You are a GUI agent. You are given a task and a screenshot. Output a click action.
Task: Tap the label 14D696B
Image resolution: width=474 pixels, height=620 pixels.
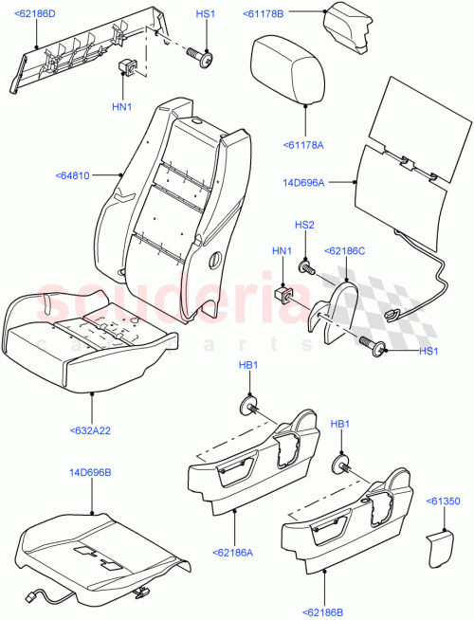90,471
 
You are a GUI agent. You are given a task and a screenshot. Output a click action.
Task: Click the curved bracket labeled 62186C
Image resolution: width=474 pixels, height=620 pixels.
331,309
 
